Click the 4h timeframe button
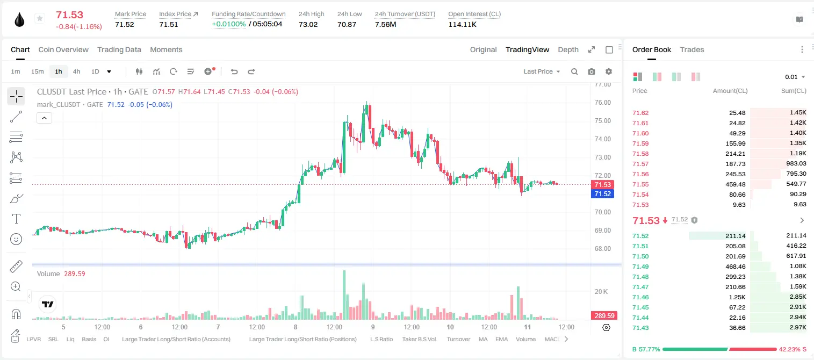(x=76, y=71)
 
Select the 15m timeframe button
(x=37, y=71)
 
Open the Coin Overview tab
(x=63, y=49)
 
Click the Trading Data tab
(x=119, y=49)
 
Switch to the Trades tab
(x=692, y=49)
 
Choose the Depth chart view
(x=568, y=49)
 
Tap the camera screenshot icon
(x=591, y=71)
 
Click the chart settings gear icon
(x=609, y=71)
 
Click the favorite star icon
(x=40, y=18)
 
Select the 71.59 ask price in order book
(x=640, y=143)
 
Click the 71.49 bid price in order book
(x=640, y=267)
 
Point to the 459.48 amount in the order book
(x=735, y=184)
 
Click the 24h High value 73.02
(x=308, y=24)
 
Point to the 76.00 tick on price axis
(x=602, y=103)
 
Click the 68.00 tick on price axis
(x=602, y=248)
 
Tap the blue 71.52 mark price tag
(x=602, y=193)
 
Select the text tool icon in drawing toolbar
(x=16, y=219)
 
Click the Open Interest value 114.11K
(x=462, y=24)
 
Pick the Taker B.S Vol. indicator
(x=419, y=339)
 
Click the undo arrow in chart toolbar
(x=234, y=71)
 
